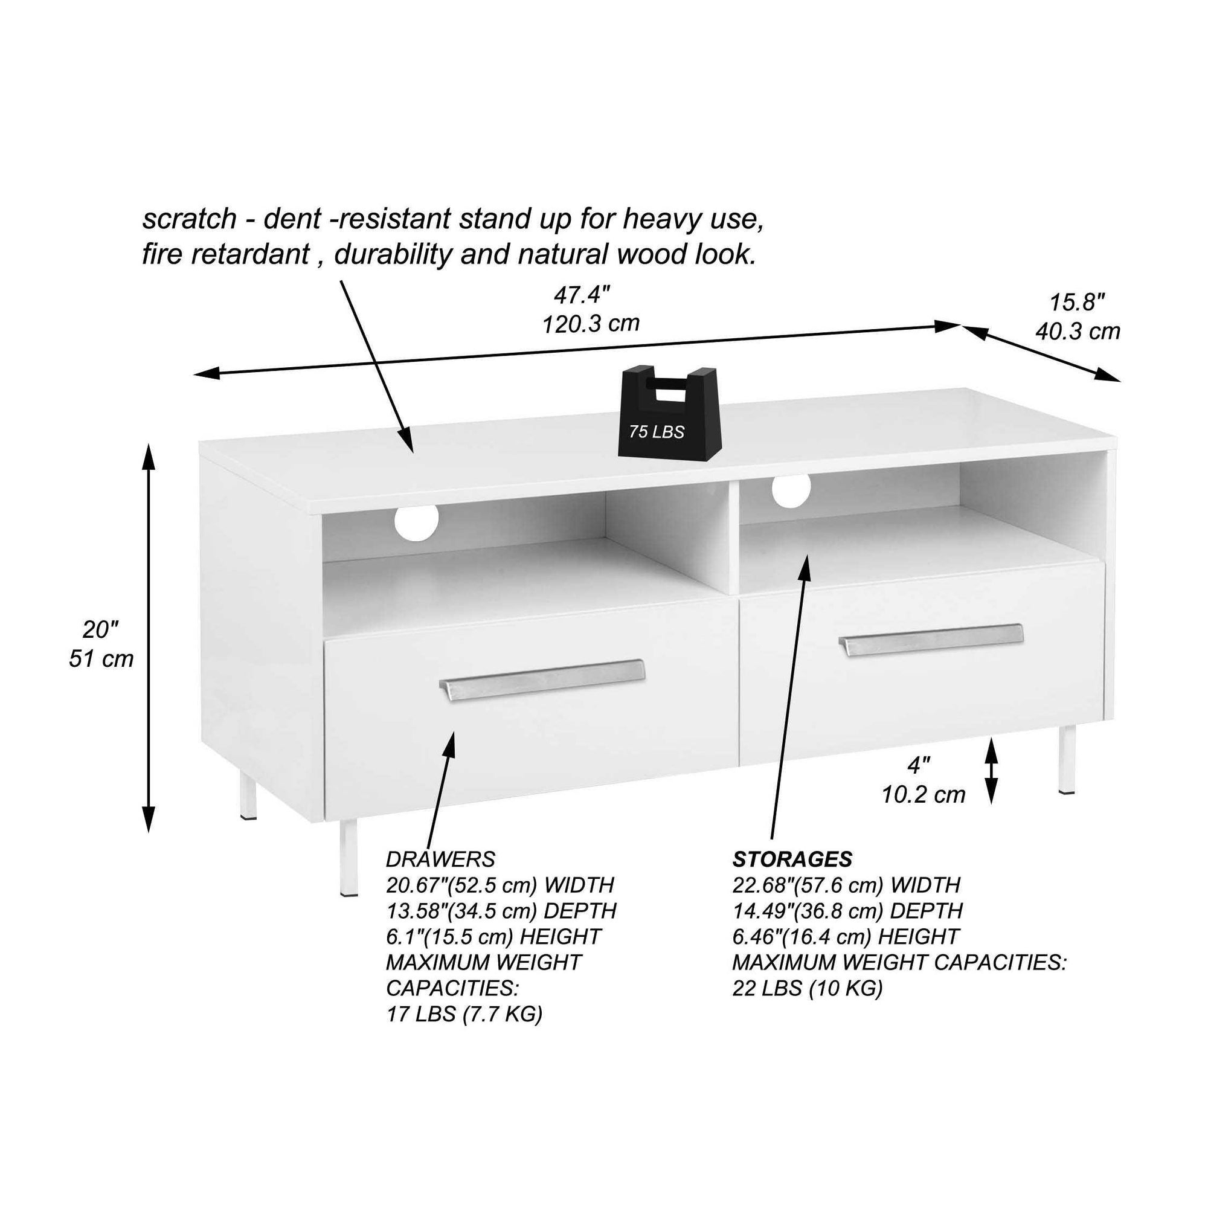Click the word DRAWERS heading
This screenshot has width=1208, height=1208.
[x=440, y=859]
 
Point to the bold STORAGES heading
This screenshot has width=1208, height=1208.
[x=792, y=859]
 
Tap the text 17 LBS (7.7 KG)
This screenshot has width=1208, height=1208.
[x=464, y=1014]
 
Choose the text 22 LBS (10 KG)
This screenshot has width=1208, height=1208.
[x=807, y=988]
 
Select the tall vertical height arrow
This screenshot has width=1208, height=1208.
[x=148, y=638]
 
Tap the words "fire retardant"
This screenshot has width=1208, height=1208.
[x=226, y=254]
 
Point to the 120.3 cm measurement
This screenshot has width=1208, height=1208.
[x=591, y=323]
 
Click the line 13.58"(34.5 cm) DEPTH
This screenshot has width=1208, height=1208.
[x=501, y=911]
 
